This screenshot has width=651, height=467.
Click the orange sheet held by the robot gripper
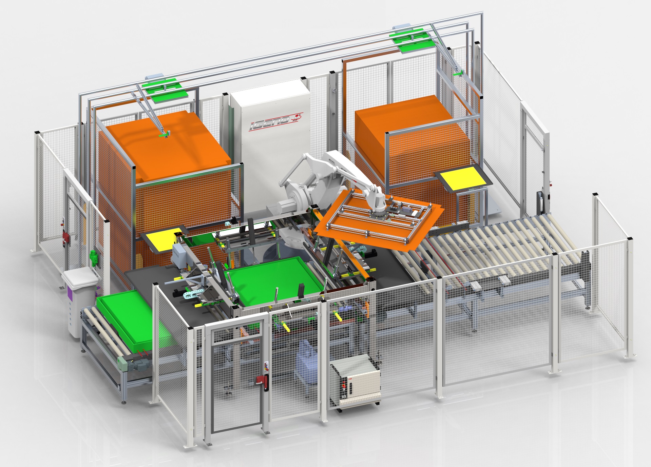[x=377, y=224]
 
